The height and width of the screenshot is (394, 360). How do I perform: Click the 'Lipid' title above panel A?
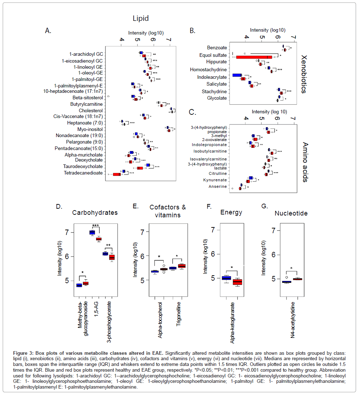[140, 18]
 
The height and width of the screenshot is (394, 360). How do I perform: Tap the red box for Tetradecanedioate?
[117, 174]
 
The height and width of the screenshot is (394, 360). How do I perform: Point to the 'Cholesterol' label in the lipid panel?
[91, 110]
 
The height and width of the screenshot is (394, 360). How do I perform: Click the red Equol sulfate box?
[254, 57]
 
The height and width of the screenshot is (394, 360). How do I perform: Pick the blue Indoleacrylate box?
[237, 75]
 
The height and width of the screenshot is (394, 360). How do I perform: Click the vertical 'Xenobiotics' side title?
[304, 74]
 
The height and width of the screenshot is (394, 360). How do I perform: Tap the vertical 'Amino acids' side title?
[304, 156]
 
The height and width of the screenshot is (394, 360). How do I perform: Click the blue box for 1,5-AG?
[92, 232]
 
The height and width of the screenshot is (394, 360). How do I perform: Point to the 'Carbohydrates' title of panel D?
[95, 212]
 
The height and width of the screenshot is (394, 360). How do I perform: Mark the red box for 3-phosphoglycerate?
[112, 257]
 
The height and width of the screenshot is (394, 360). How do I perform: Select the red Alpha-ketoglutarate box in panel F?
[238, 282]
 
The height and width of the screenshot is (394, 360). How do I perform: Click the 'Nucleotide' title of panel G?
[291, 213]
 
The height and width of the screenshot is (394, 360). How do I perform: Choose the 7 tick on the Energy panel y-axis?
[213, 229]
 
